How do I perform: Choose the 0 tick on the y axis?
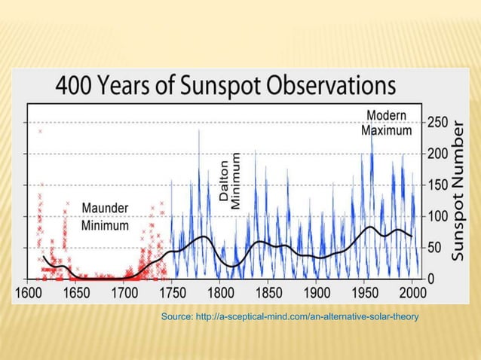pos(431,279)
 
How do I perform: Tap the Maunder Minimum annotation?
pos(105,216)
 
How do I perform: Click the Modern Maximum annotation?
pos(386,123)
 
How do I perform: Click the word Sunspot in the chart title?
pos(237,87)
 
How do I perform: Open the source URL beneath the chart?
pos(290,319)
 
